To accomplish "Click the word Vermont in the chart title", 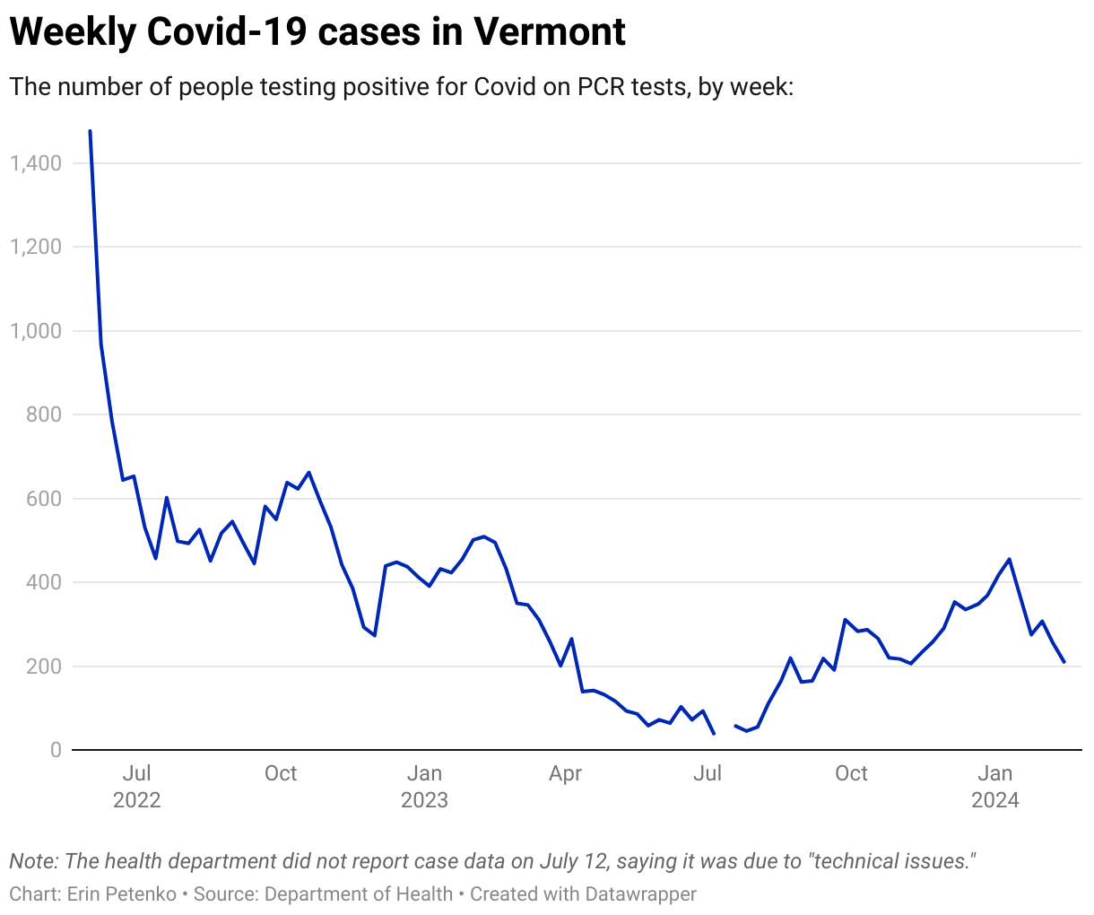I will click(x=550, y=33).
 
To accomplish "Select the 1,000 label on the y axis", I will click(x=36, y=331).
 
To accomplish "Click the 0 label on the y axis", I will click(x=56, y=750).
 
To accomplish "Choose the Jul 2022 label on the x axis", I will click(x=136, y=786).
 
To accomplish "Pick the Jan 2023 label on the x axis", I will click(x=424, y=786).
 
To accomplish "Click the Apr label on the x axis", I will click(x=565, y=773).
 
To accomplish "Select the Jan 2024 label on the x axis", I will click(x=994, y=786).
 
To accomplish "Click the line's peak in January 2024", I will click(x=1010, y=559).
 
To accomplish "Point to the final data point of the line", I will click(x=1064, y=662).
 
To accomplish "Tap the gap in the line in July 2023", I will click(x=725, y=730).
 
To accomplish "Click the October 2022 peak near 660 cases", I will click(x=308, y=472).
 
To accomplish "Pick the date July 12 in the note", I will click(x=573, y=861).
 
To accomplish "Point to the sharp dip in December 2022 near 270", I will click(x=374, y=635).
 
